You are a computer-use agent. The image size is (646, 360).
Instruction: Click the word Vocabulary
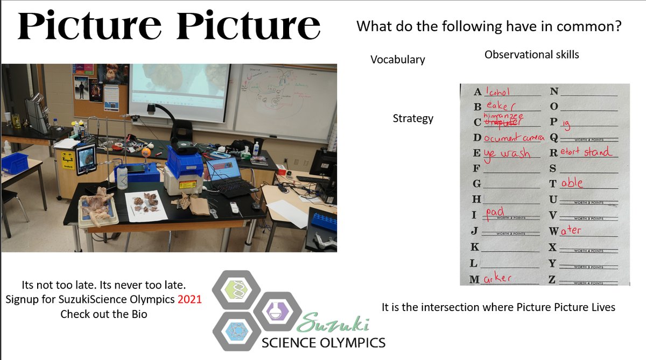click(x=397, y=60)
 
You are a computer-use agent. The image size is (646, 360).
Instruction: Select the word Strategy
click(x=413, y=118)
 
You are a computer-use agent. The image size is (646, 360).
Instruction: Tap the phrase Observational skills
click(x=531, y=54)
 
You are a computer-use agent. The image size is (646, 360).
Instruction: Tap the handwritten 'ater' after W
click(x=571, y=230)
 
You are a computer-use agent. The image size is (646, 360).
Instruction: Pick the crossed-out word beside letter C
click(x=500, y=123)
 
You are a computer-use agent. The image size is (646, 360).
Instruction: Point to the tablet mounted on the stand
click(x=86, y=159)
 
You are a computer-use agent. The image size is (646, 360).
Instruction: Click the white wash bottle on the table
click(x=122, y=177)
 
